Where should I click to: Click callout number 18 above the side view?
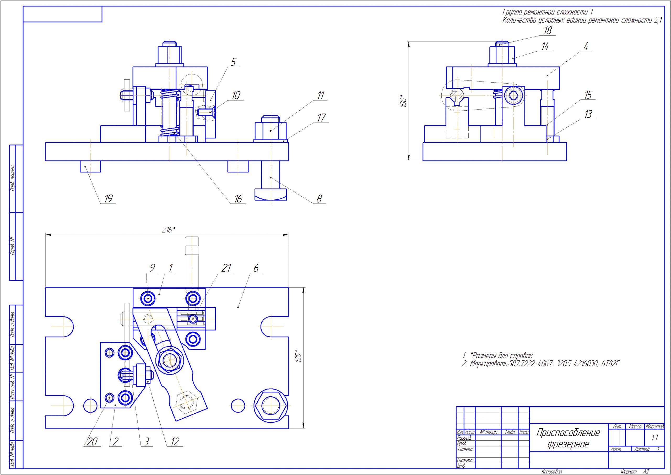[x=548, y=30]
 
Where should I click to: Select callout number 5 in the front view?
[x=233, y=62]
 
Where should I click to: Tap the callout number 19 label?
[x=108, y=199]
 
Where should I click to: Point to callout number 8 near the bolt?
[x=319, y=199]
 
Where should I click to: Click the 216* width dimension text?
[x=169, y=230]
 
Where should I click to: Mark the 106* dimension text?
[x=403, y=100]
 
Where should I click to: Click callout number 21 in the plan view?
[x=226, y=268]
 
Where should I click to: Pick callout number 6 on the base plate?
[x=256, y=268]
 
